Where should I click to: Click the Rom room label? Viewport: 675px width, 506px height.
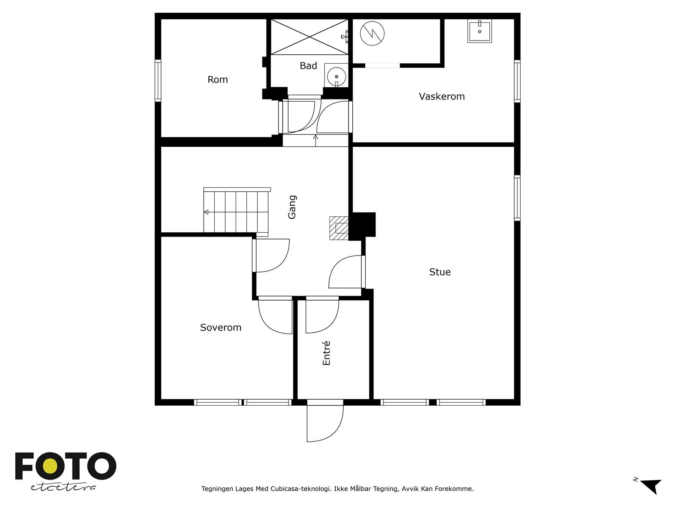point(217,80)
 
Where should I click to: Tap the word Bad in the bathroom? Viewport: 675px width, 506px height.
point(308,66)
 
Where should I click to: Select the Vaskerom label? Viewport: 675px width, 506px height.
point(442,96)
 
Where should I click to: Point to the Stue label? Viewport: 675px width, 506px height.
point(440,272)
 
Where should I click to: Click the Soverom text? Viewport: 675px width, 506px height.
point(221,328)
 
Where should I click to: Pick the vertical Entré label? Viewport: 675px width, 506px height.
point(326,353)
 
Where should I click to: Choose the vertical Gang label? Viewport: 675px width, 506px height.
point(292,207)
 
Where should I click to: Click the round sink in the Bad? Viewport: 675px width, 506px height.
point(336,76)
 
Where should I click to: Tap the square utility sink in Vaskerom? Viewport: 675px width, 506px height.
point(480,31)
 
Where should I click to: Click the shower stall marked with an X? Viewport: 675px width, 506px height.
point(309,37)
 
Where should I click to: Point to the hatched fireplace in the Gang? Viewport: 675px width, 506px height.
point(339,228)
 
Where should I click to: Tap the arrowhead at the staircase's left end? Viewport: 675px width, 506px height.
point(206,212)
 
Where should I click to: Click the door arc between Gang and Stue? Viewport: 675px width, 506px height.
point(345,272)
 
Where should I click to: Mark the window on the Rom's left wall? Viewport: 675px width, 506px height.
point(158,81)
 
